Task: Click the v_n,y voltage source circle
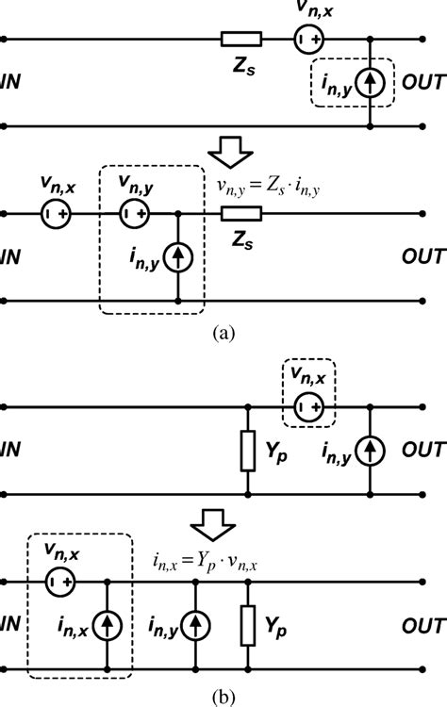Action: (131, 214)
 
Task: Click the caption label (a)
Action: (223, 332)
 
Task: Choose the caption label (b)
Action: (223, 699)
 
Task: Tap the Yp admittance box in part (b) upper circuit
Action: (247, 451)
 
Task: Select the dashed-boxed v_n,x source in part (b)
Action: (306, 407)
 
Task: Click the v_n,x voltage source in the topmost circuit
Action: (306, 40)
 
